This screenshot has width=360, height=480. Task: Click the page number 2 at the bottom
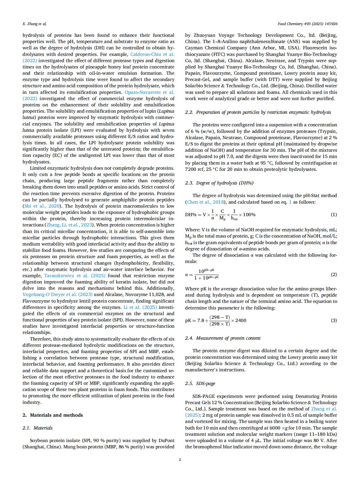(180, 459)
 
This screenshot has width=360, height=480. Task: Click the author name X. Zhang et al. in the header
(35, 24)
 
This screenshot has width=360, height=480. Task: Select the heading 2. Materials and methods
(53, 415)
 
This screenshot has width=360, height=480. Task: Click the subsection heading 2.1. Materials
(38, 428)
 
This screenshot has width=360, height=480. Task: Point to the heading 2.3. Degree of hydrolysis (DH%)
(219, 183)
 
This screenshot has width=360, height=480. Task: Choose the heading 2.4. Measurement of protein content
(223, 338)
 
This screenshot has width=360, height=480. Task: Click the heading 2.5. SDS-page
(200, 383)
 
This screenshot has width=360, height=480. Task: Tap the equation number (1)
(333, 214)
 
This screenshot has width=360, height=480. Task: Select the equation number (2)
(333, 274)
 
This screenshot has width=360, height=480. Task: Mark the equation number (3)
(333, 320)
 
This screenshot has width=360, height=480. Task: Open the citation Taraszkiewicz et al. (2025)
(75, 276)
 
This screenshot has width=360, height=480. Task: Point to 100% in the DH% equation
(249, 214)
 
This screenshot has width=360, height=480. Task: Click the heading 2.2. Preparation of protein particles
(258, 112)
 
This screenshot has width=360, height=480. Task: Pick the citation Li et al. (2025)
(140, 307)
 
